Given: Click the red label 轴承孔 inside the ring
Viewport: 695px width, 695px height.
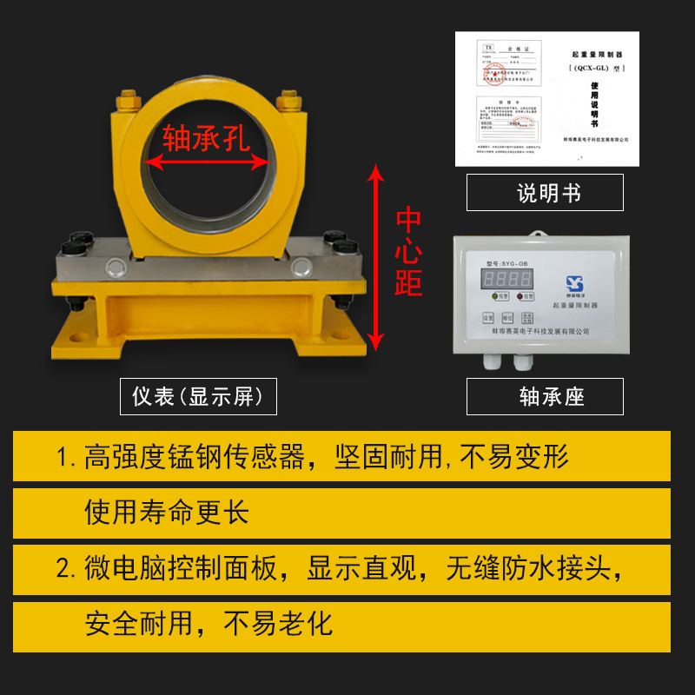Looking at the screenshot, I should (206, 136).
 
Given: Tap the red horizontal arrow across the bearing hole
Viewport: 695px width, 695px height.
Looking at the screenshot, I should (207, 162).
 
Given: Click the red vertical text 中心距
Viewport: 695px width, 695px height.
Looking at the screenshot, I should (408, 253).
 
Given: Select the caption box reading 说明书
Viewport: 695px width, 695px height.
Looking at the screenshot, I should (545, 193).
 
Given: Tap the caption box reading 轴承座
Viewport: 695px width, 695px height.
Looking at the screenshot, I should (545, 397).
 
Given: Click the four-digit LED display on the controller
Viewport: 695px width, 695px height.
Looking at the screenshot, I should (507, 279).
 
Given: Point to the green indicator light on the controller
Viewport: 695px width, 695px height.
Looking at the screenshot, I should (493, 296).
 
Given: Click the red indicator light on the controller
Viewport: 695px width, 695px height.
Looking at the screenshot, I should (520, 296).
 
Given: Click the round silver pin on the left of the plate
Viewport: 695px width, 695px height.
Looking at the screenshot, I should (112, 267).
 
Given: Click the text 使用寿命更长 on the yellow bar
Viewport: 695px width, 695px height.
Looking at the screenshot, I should (167, 512).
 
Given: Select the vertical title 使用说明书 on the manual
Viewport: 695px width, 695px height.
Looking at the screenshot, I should (594, 101).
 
